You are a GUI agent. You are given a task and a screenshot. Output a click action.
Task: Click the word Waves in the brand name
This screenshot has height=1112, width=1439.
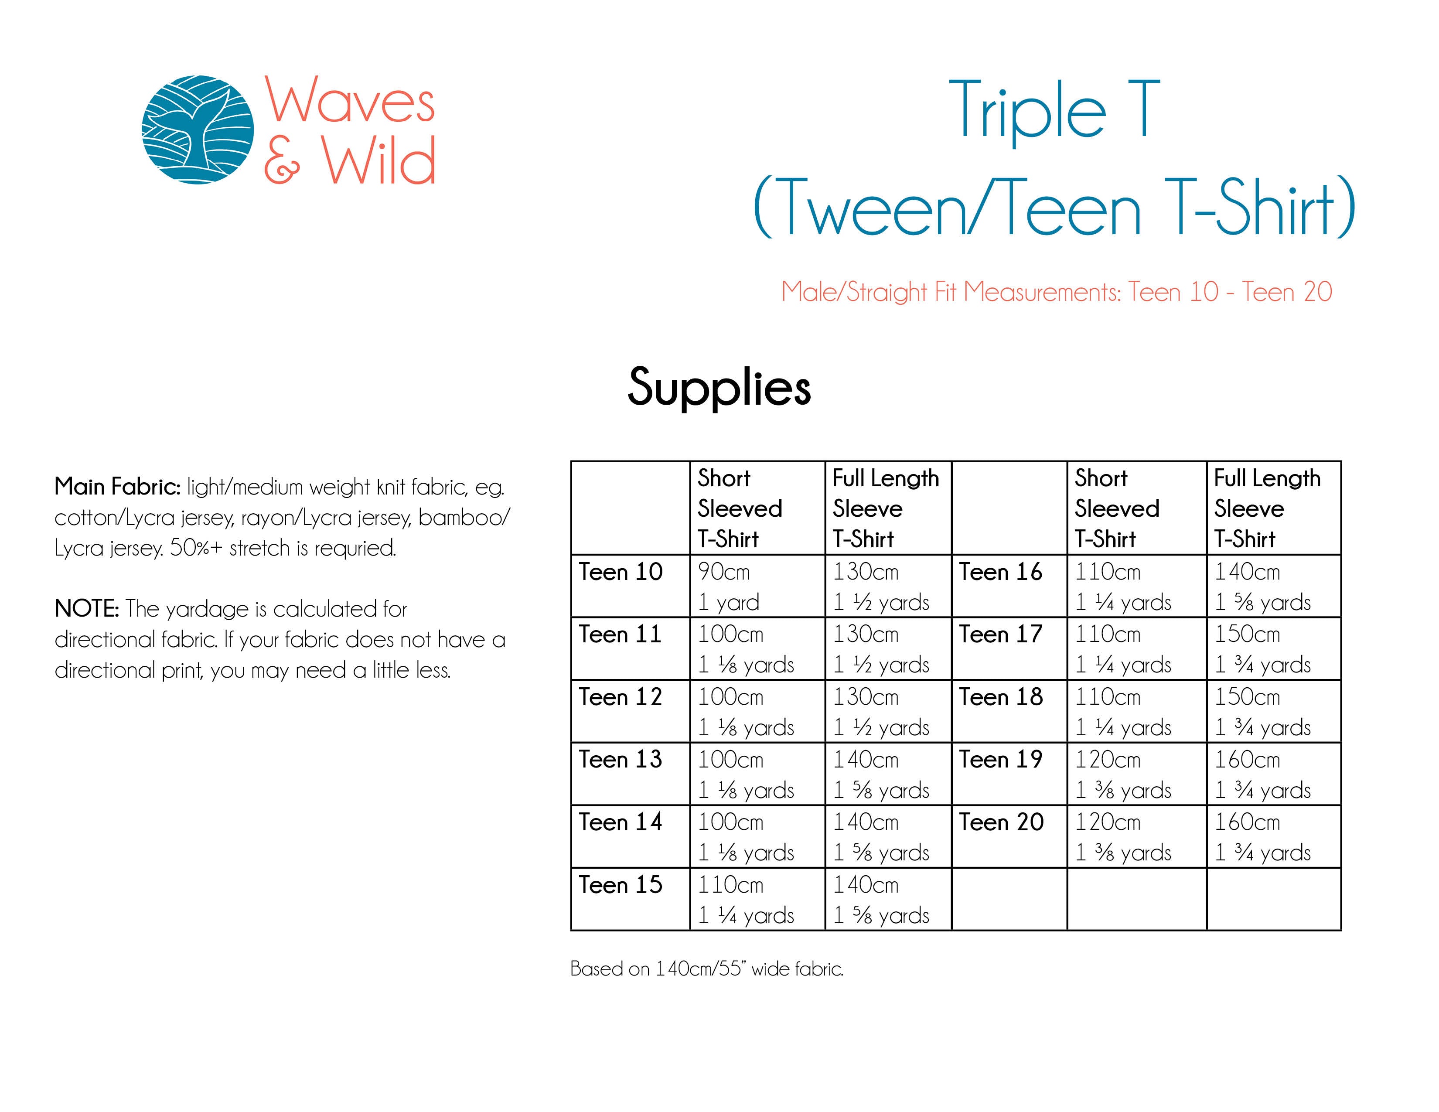click(350, 100)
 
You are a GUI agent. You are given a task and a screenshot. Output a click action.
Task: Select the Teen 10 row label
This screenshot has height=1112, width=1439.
click(620, 572)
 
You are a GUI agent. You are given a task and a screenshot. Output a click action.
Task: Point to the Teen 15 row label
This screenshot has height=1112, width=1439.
click(620, 885)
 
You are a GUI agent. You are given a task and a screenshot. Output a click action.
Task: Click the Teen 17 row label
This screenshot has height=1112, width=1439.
click(1001, 634)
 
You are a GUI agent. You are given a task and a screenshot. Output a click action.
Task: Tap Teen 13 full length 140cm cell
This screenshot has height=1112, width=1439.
click(888, 774)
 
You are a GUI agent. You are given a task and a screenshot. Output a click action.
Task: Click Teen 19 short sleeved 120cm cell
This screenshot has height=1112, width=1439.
click(1136, 774)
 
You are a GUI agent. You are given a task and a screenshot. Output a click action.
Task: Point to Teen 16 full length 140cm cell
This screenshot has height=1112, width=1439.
click(1274, 586)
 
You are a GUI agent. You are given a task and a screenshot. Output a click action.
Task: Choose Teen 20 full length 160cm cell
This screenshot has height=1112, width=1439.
click(1274, 837)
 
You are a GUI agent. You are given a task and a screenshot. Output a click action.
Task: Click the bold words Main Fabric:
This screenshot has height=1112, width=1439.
click(117, 487)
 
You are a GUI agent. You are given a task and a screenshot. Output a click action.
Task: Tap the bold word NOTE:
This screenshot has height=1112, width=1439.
click(86, 609)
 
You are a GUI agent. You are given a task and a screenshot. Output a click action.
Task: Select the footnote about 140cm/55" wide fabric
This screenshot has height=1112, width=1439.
click(706, 969)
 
